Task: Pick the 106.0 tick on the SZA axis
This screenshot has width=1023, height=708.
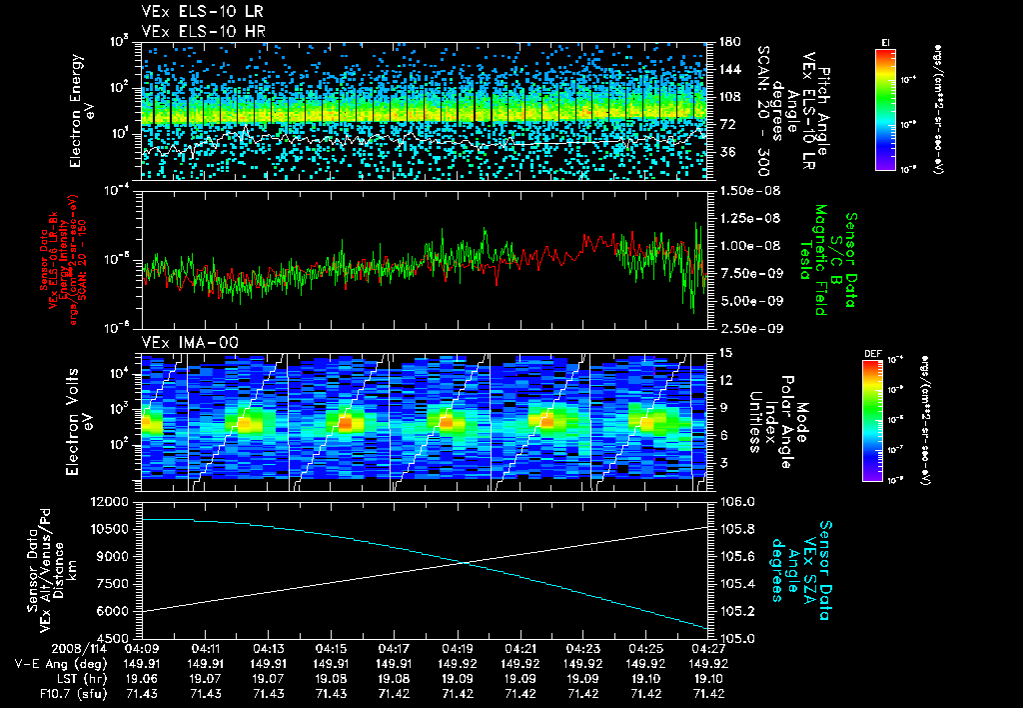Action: pos(733,501)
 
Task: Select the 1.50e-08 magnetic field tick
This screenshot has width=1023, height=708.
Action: pos(746,190)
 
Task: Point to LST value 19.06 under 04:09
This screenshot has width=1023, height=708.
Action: pos(143,677)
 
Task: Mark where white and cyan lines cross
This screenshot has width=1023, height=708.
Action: pos(465,563)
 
